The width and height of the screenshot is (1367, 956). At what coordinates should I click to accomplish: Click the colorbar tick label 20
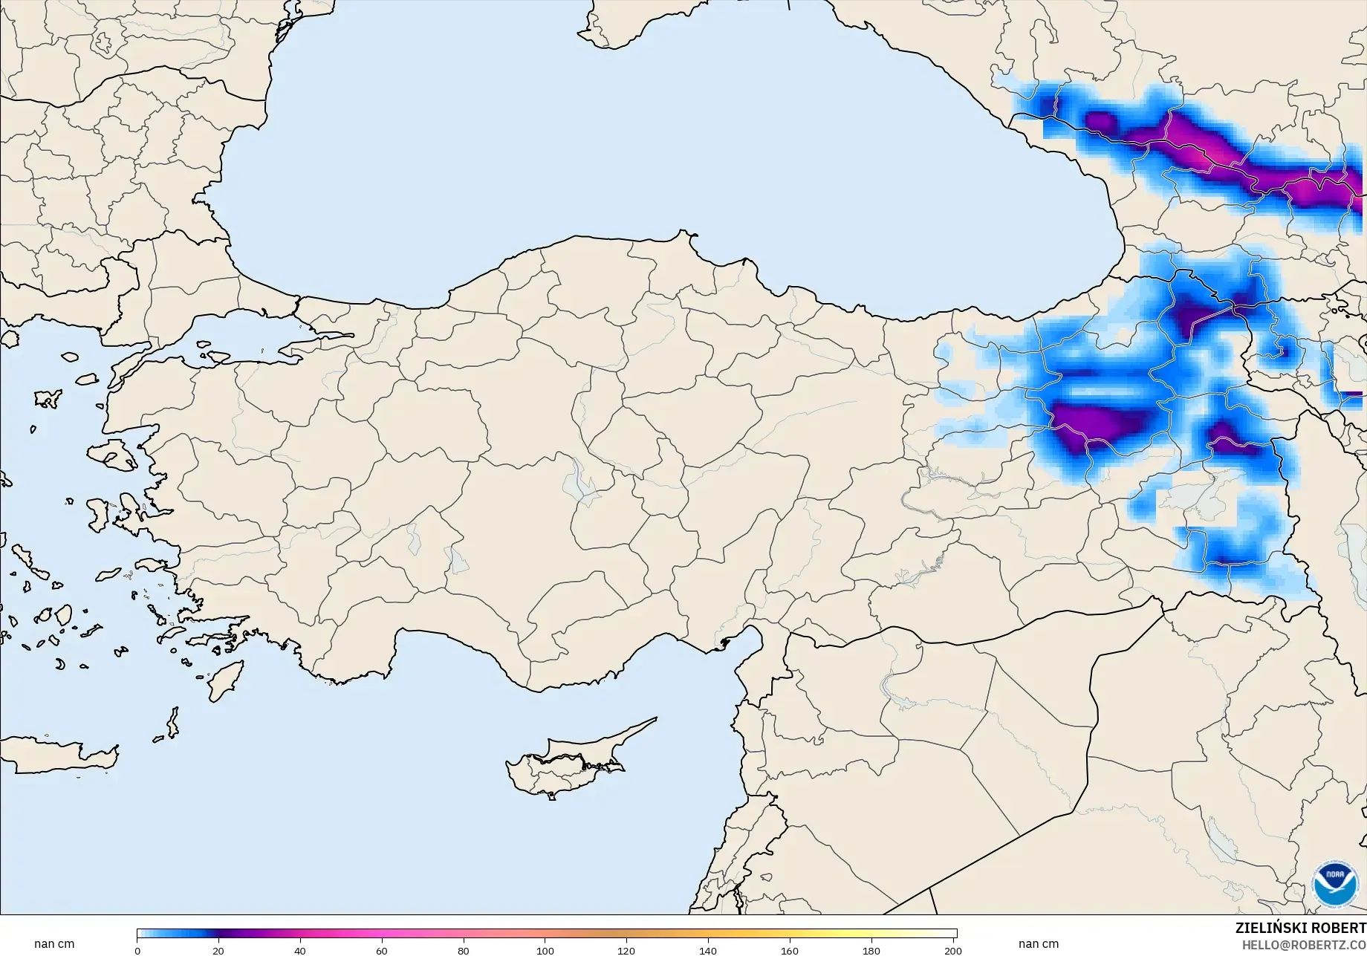pyautogui.click(x=218, y=951)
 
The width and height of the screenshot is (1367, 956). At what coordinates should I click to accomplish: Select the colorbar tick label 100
pyautogui.click(x=545, y=951)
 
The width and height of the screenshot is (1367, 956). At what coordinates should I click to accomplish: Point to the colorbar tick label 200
pyautogui.click(x=952, y=951)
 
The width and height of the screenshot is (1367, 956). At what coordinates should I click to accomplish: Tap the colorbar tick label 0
pyautogui.click(x=137, y=951)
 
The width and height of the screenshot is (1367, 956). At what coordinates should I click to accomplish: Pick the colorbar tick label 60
pyautogui.click(x=382, y=951)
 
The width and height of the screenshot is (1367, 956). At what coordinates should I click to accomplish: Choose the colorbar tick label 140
pyautogui.click(x=708, y=951)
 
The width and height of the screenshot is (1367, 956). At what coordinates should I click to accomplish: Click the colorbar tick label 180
pyautogui.click(x=871, y=951)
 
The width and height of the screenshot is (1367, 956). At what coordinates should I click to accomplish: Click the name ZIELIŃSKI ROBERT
pyautogui.click(x=1300, y=929)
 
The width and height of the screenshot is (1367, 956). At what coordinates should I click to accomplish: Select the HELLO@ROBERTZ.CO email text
pyautogui.click(x=1304, y=945)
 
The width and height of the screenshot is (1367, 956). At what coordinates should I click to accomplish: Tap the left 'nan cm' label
pyautogui.click(x=54, y=944)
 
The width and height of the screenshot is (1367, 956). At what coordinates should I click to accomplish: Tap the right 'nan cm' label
pyautogui.click(x=1039, y=944)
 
